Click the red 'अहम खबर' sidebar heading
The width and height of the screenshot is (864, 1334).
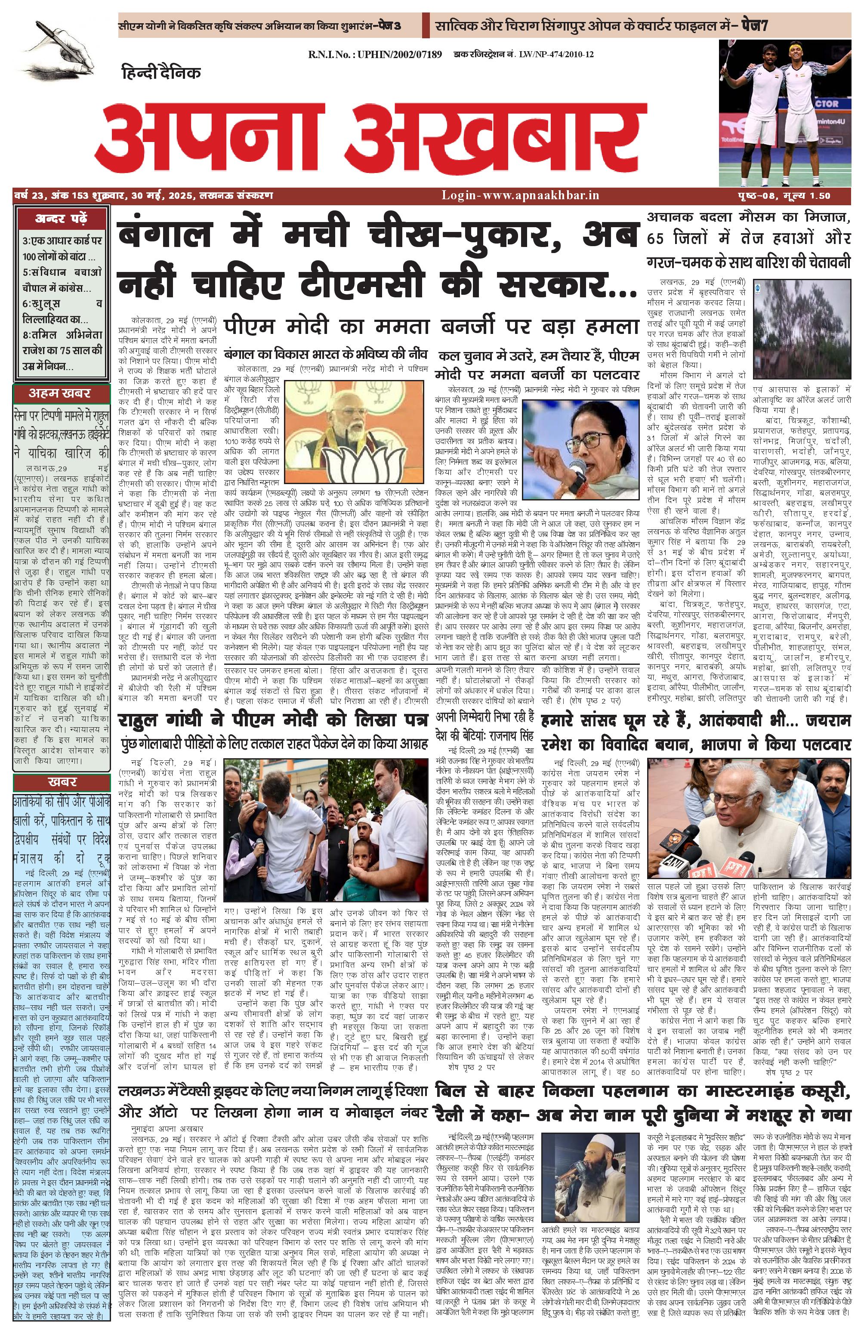pyautogui.click(x=59, y=393)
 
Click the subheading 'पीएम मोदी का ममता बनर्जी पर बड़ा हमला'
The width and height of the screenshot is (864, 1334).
pyautogui.click(x=431, y=326)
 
